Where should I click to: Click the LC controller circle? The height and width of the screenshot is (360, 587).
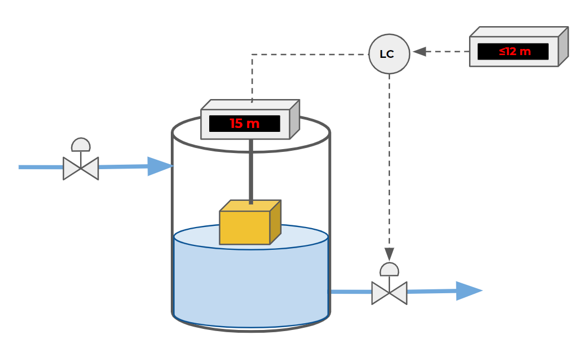click(389, 54)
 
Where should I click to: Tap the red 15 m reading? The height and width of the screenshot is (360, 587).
click(245, 124)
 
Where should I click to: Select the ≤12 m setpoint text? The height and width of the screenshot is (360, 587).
click(514, 52)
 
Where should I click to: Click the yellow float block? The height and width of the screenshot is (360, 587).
click(245, 227)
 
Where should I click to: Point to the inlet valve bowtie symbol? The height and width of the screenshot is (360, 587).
click(81, 168)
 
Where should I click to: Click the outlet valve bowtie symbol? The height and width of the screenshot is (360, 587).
click(389, 293)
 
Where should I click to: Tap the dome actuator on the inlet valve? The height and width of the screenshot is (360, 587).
click(81, 145)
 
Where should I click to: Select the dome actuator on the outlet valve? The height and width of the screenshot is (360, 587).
click(389, 269)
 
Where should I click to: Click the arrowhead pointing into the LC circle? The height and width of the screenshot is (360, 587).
click(419, 52)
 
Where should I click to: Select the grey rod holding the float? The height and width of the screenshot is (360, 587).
click(251, 170)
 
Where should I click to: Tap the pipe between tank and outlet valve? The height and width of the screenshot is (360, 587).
click(351, 291)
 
